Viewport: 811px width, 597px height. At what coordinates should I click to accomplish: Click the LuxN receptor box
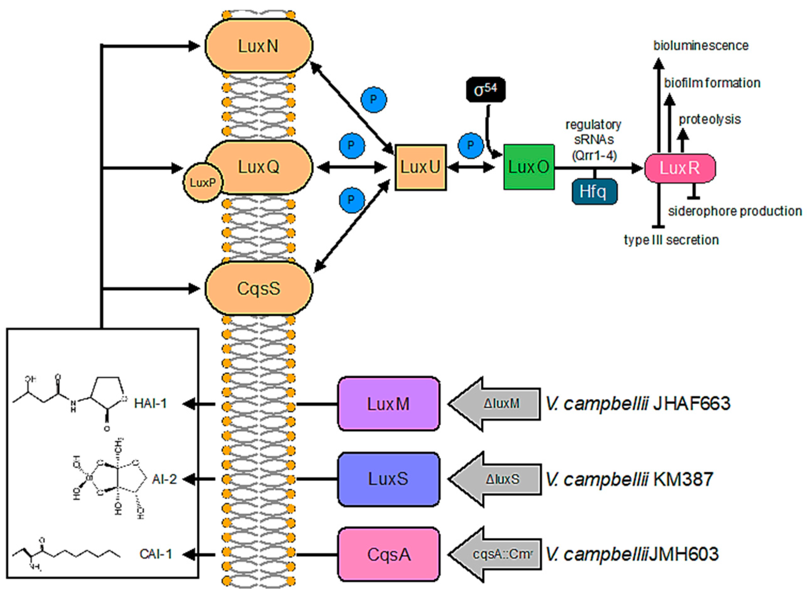259,46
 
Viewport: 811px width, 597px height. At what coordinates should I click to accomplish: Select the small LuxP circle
203,183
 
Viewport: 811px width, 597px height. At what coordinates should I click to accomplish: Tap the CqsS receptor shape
259,289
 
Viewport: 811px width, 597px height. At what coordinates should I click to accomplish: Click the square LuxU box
421,167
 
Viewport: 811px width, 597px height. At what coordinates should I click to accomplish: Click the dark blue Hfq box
594,191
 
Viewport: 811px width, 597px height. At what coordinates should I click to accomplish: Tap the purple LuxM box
389,404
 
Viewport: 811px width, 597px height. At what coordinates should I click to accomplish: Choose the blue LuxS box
389,479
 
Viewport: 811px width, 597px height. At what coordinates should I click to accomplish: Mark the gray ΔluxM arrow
495,404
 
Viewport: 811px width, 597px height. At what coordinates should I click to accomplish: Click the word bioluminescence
701,46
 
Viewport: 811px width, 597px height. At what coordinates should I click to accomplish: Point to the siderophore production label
735,211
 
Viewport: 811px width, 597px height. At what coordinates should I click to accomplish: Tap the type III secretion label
671,240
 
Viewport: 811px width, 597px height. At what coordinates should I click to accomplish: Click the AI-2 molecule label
165,479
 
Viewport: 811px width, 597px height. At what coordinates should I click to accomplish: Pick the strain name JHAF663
692,404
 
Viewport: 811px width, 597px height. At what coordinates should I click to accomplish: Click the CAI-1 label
156,554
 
